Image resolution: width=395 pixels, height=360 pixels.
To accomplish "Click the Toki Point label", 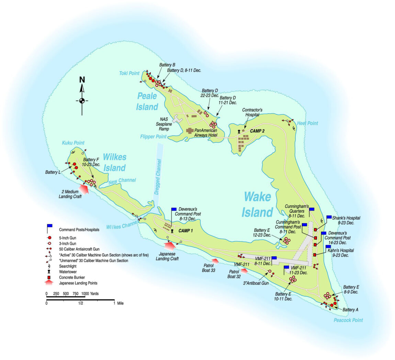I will pyautogui.click(x=129, y=73).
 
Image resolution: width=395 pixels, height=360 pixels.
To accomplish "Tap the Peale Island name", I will pyautogui.click(x=147, y=101).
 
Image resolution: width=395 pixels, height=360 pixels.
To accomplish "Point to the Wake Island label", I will pyautogui.click(x=257, y=205).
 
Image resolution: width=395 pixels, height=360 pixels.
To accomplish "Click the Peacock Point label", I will pyautogui.click(x=348, y=320).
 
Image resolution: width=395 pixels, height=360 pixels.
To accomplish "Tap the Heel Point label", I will pyautogui.click(x=307, y=123).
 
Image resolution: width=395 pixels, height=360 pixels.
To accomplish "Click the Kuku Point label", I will pyautogui.click(x=73, y=143).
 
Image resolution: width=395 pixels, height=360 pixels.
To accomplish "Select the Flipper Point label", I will pyautogui.click(x=153, y=137).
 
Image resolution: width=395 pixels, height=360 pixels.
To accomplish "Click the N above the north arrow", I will pyautogui.click(x=82, y=80).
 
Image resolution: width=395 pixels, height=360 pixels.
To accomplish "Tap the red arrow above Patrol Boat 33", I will pyautogui.click(x=214, y=261).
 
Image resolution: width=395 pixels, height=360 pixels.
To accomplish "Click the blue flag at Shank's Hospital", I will pyautogui.click(x=329, y=217).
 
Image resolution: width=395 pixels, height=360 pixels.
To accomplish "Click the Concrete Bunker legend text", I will pyautogui.click(x=72, y=277).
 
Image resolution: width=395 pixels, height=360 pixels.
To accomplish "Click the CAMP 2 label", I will pyautogui.click(x=257, y=131).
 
